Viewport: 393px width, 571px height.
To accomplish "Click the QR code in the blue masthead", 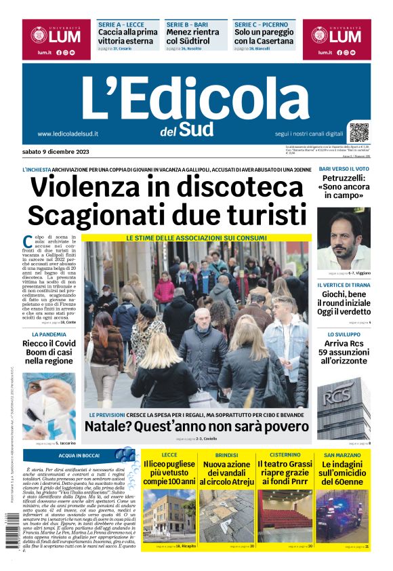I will click(x=358, y=132).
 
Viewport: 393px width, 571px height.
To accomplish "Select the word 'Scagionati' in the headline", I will click(x=108, y=215).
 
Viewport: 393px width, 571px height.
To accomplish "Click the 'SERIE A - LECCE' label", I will click(x=121, y=24).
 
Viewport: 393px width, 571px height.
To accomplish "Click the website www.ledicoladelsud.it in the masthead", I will click(x=68, y=134).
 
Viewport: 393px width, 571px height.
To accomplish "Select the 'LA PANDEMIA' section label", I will click(x=49, y=334).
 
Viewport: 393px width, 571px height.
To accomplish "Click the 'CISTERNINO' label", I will click(x=285, y=454).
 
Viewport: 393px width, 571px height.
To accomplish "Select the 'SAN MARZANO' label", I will click(x=343, y=454).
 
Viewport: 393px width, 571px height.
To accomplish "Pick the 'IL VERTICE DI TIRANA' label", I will click(x=344, y=285).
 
